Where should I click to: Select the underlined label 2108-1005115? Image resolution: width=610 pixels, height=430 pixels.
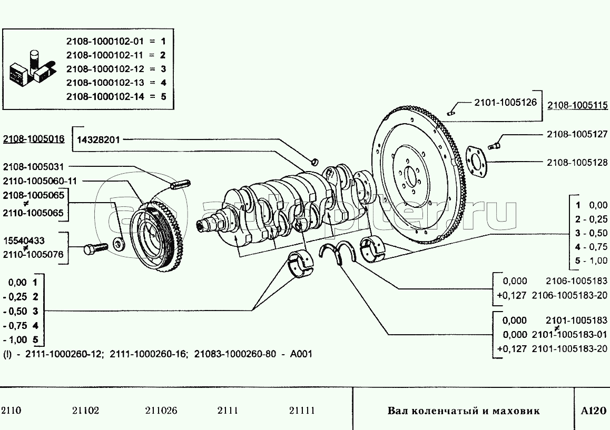[x=576, y=106]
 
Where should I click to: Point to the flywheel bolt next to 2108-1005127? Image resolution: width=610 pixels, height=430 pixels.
[x=495, y=142]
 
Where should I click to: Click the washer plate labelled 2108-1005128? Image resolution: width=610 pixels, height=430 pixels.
[x=476, y=159]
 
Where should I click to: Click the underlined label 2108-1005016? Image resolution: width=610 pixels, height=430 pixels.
[x=34, y=139]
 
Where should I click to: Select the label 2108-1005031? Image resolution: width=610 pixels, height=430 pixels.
[x=33, y=167]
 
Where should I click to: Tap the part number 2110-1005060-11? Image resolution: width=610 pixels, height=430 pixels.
[x=40, y=181]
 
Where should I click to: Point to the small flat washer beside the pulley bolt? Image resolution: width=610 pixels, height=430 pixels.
[x=119, y=244]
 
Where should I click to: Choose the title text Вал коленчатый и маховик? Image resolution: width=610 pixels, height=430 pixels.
[x=464, y=411]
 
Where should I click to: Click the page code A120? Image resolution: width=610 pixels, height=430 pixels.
[x=594, y=411]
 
